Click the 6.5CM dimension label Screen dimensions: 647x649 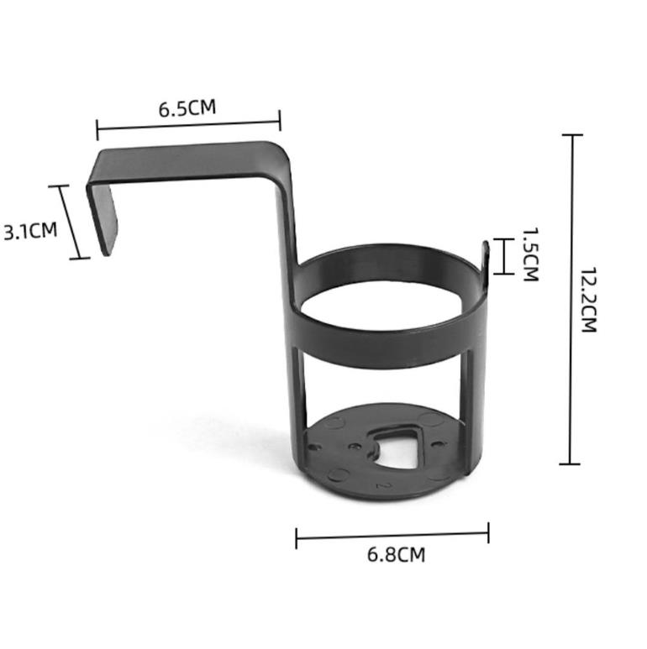point(187,108)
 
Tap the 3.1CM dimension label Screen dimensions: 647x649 point(30,231)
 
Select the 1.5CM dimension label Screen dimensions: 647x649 point(530,254)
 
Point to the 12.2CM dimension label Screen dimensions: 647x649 point(588,300)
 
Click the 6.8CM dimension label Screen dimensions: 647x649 point(396,555)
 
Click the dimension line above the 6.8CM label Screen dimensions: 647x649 point(392,536)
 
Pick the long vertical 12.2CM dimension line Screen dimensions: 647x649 point(571,299)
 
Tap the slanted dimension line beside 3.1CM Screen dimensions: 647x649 point(69,222)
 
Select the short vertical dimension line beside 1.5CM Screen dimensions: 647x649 point(504,257)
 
